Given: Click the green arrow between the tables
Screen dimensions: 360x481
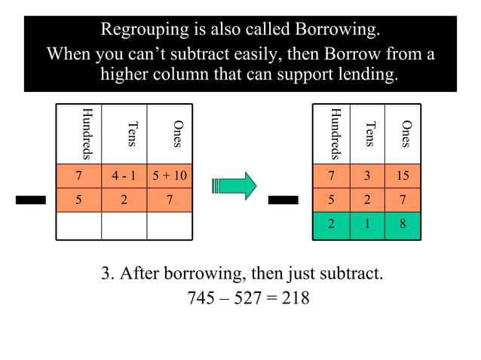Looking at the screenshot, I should click(x=235, y=185).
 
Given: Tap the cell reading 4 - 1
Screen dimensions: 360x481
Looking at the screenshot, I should click(x=124, y=177).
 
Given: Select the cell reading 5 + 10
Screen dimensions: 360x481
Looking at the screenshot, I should click(x=169, y=177).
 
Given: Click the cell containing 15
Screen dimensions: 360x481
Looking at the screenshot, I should click(x=403, y=177).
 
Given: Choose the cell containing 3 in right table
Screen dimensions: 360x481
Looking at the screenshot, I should click(x=367, y=177).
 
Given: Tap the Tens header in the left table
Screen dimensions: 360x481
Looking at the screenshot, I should click(x=133, y=134).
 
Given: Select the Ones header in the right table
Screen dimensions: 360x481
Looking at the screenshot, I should click(x=406, y=134).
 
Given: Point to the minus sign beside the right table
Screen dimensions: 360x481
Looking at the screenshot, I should click(x=286, y=200).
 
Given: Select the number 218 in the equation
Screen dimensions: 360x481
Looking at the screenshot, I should click(x=295, y=298).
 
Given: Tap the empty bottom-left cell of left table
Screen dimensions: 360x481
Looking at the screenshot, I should click(x=78, y=226).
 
